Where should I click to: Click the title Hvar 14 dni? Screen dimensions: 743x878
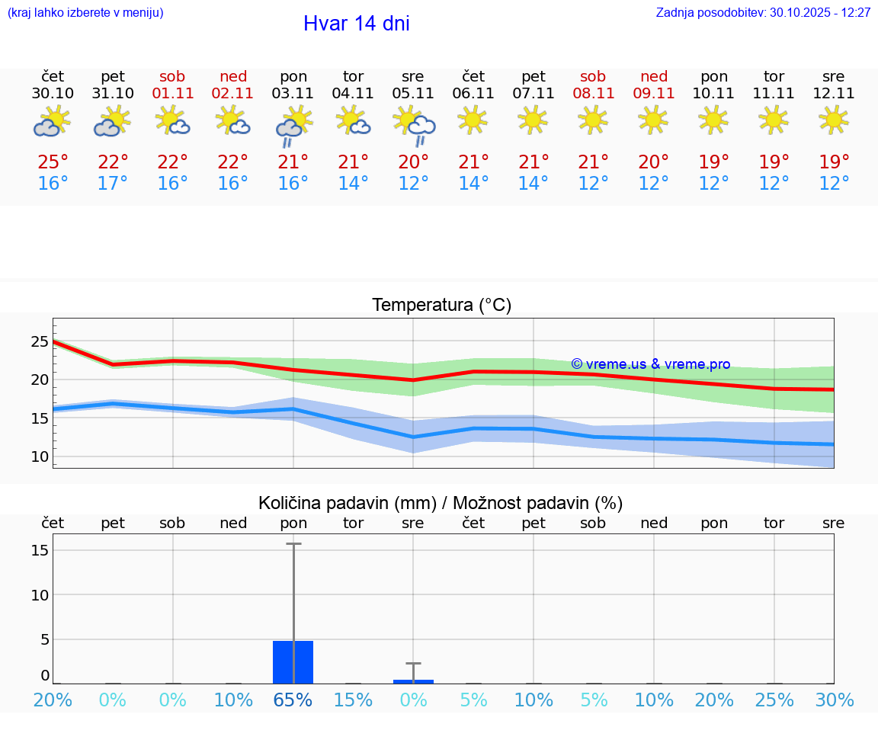pos(356,24)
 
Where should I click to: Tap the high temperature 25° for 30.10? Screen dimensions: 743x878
pos(53,162)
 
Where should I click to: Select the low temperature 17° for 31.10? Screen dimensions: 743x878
pos(113,184)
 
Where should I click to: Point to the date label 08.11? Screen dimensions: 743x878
pos(593,94)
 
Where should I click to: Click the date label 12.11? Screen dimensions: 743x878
pos(834,94)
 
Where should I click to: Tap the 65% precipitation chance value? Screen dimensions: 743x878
pos(293,700)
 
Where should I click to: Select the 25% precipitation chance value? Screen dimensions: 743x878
pos(774,700)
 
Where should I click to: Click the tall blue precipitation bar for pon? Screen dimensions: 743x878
pos(293,662)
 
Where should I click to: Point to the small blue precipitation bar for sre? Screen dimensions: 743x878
pos(414,681)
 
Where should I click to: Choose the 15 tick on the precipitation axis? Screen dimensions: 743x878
pos(40,550)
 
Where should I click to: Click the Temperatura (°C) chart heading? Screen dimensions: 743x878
pos(441,306)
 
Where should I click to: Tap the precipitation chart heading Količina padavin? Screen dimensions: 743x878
pos(441,503)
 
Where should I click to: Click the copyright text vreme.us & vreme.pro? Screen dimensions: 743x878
pos(651,364)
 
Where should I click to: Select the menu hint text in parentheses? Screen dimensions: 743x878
pos(85,13)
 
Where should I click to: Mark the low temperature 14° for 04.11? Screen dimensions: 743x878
pos(353,184)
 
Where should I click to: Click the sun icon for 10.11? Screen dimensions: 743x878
pos(714,120)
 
